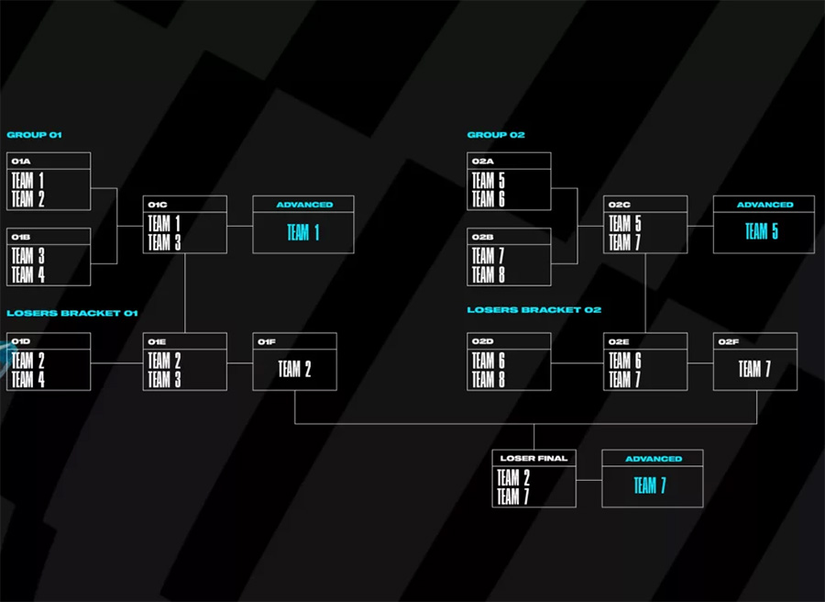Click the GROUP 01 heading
(34, 135)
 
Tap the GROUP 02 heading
(496, 135)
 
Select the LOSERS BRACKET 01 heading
(72, 313)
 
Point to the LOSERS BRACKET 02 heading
(534, 309)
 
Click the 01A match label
(21, 162)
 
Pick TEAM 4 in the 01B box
(27, 274)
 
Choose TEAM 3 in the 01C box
(164, 242)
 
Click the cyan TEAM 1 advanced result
(303, 232)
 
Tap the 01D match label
(21, 341)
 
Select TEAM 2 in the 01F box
(294, 369)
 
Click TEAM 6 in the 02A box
(489, 199)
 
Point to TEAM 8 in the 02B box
(489, 274)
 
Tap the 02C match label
(620, 205)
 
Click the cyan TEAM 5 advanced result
(762, 231)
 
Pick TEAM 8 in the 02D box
(489, 379)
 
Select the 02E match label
(619, 341)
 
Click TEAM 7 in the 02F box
(754, 369)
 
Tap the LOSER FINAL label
(533, 458)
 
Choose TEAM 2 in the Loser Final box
(513, 477)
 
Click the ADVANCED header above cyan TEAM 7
(654, 459)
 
